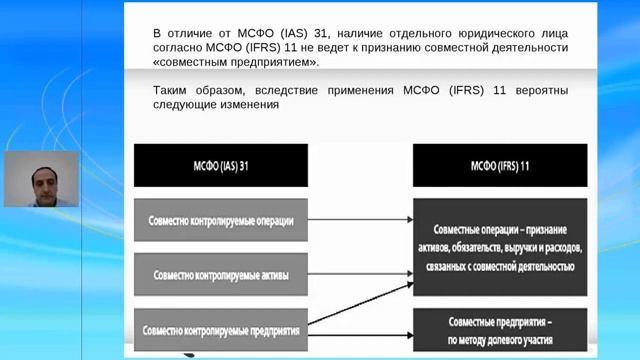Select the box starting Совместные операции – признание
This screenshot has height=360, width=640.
(x=501, y=245)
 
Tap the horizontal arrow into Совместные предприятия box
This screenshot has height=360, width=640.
(x=360, y=328)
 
